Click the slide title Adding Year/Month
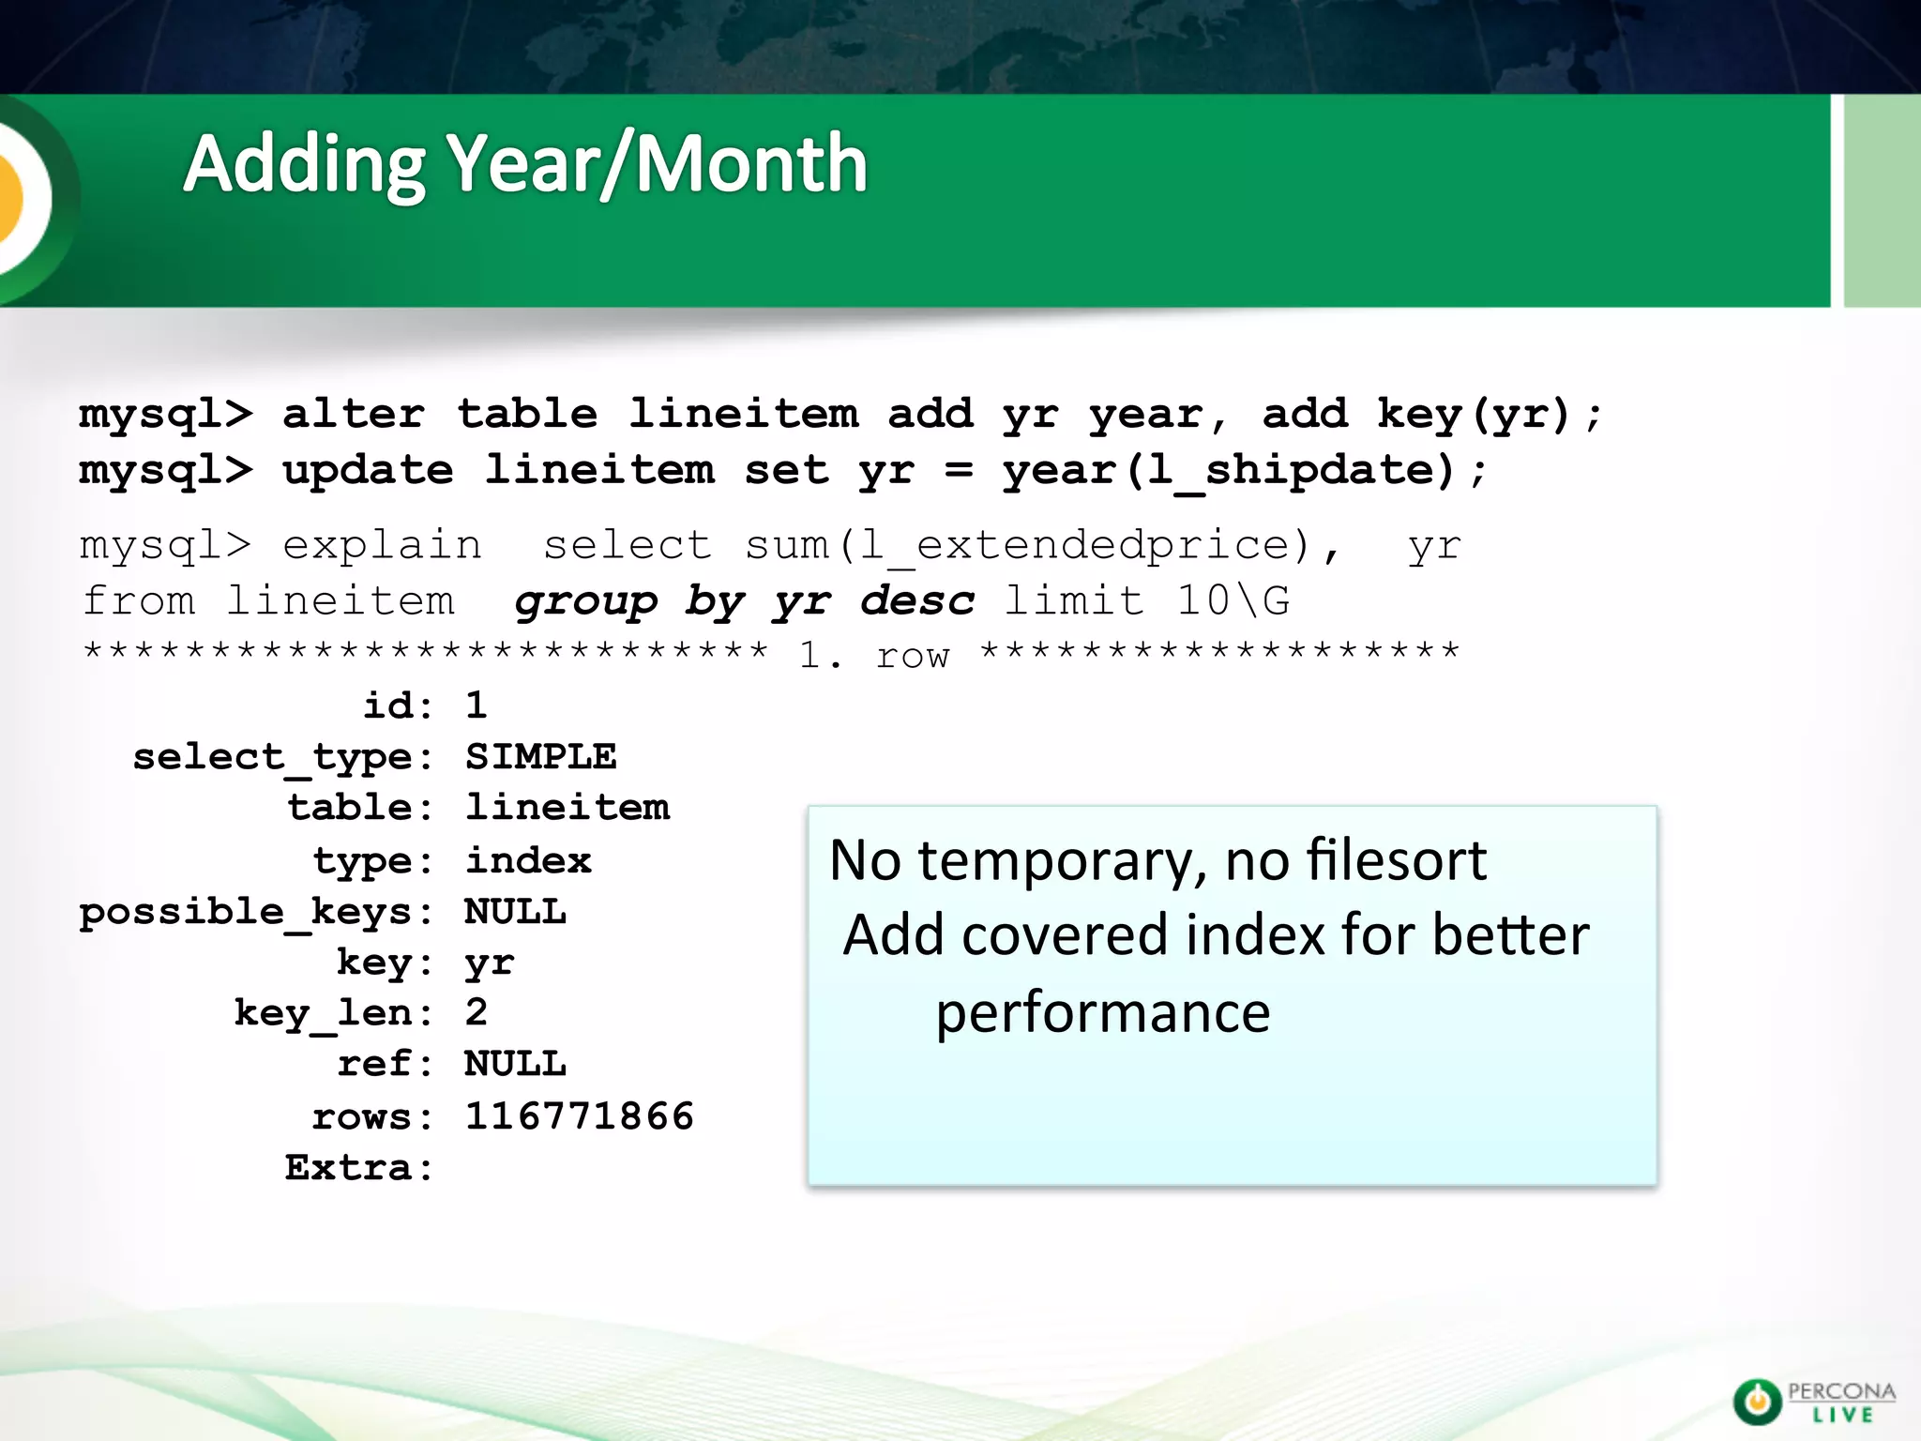pos(525,164)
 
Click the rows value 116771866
pos(579,1116)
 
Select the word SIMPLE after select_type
pos(540,756)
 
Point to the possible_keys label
pos(246,912)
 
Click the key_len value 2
pos(476,1012)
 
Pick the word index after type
pos(528,860)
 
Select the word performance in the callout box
pos(1103,1013)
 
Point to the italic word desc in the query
pos(917,600)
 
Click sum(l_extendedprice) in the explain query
pos(1027,545)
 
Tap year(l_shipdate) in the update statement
pos(1229,470)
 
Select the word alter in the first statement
pos(354,414)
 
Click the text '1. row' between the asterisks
pos(874,655)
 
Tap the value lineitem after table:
pos(567,808)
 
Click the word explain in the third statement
pos(382,545)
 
